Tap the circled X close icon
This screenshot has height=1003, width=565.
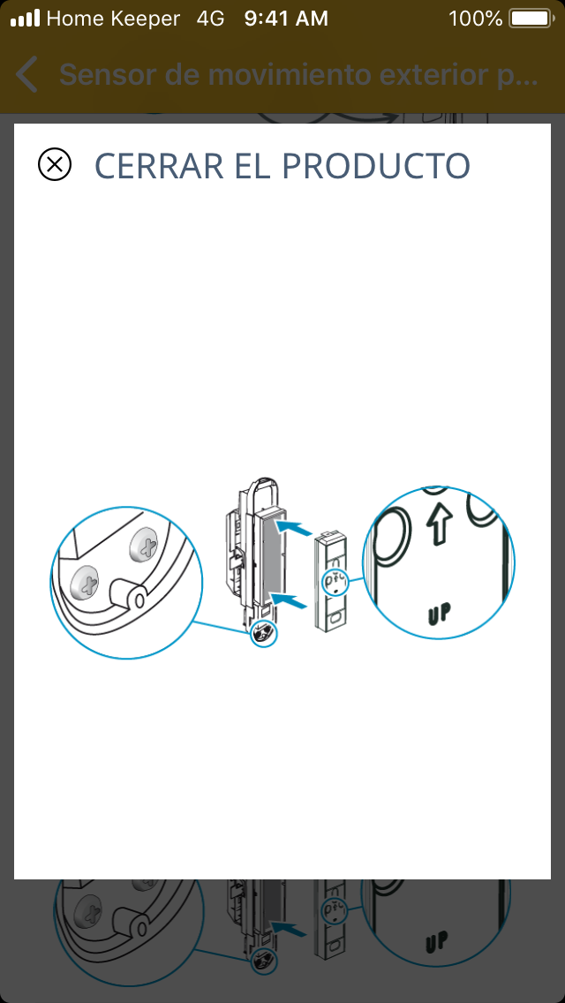tap(55, 164)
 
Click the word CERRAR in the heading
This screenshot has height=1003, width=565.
tap(159, 166)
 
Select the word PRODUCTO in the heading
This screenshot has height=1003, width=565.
tap(376, 166)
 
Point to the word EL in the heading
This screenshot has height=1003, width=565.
tap(253, 166)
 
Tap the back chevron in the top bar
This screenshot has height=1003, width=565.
tap(26, 75)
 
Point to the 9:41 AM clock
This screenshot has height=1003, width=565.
tap(286, 19)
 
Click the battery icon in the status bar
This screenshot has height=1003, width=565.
tap(531, 19)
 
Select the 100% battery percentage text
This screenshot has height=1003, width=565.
tap(475, 19)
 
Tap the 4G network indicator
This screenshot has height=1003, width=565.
tap(210, 19)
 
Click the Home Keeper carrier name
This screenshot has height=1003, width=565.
tap(113, 19)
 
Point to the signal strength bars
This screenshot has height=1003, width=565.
tap(25, 19)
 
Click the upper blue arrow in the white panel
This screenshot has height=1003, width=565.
tap(294, 527)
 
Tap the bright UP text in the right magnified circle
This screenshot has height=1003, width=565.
tap(439, 614)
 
